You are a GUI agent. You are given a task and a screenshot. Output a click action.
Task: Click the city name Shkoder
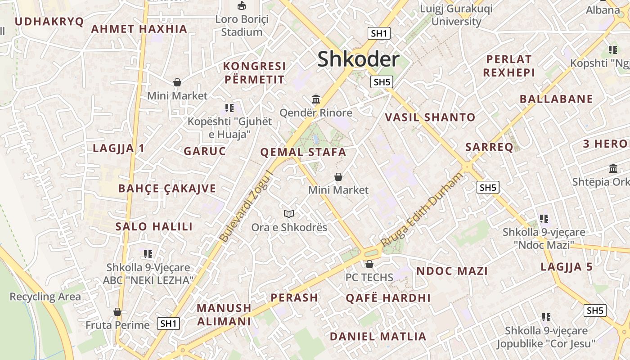358,59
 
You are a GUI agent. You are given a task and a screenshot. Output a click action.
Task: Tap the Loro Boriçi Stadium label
242,26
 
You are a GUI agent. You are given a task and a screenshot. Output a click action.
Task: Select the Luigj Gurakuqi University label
456,15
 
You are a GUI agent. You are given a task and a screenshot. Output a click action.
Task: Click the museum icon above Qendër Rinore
316,99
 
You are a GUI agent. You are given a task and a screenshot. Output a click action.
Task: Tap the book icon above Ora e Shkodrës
289,214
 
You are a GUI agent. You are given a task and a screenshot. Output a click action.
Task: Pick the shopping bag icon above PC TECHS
369,264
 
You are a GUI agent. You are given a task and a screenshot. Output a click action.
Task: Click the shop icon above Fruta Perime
117,312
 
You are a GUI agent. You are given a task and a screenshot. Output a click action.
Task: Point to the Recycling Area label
45,297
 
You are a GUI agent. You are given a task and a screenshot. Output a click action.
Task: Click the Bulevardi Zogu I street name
247,206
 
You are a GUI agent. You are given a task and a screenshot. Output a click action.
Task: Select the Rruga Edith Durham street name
422,210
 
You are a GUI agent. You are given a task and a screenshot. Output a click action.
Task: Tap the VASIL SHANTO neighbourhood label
430,117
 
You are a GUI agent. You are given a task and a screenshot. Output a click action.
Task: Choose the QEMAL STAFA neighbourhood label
303,152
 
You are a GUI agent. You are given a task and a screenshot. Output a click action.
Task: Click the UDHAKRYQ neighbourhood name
49,22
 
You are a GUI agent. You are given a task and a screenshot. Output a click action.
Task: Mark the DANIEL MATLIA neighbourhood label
378,336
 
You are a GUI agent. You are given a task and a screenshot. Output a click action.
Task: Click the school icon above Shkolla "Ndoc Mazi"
544,219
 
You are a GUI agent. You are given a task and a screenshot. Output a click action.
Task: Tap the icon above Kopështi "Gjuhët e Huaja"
229,108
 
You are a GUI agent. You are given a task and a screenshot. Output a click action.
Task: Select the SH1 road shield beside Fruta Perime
169,323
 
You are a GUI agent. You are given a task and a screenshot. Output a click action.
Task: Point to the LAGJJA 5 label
567,266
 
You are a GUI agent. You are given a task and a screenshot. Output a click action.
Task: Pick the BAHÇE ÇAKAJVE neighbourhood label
167,188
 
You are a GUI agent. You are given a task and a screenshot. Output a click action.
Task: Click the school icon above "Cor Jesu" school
546,317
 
